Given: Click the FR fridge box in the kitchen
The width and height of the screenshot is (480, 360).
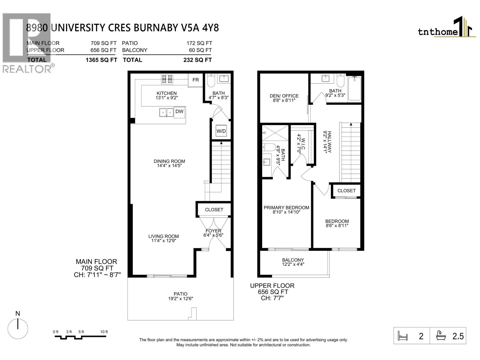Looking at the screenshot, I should (x=196, y=80).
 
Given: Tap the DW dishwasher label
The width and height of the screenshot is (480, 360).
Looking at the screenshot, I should (x=179, y=112).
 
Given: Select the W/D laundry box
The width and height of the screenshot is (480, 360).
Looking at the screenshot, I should (x=221, y=131).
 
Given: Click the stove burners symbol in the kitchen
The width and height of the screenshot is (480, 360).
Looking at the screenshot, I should (x=167, y=79).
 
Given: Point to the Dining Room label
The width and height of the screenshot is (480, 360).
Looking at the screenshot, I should (x=169, y=161).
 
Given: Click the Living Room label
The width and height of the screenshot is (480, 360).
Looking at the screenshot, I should (x=163, y=236).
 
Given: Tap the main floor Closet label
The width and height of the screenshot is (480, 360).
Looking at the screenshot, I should (x=214, y=210).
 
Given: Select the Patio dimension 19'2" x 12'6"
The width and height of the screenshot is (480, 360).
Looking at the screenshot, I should (x=180, y=298).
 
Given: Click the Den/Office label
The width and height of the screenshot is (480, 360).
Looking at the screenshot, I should (x=284, y=96).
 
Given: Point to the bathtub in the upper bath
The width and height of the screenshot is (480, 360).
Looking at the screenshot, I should (x=355, y=89).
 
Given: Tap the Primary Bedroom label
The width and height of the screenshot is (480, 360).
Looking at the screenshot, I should (x=286, y=208).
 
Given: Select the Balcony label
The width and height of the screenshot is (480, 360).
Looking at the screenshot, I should (x=293, y=260).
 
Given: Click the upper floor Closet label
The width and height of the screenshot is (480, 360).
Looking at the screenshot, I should (x=346, y=191).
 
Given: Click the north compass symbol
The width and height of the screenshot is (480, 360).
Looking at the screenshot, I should (x=18, y=328).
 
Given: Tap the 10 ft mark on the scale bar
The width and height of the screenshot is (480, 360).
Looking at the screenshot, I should (x=104, y=332).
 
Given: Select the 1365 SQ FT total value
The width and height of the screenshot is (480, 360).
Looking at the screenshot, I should (x=101, y=60).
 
